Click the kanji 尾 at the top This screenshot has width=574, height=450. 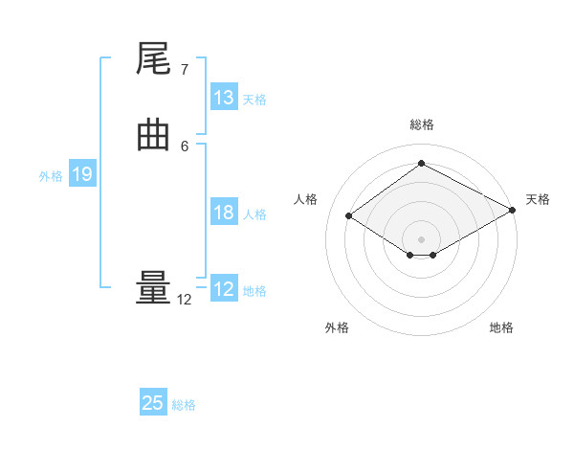point(153,60)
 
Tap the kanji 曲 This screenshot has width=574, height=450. point(153,137)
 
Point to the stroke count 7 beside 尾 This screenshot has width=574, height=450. point(185,69)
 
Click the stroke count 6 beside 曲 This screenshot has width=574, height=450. point(185,146)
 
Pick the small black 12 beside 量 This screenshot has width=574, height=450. point(185,300)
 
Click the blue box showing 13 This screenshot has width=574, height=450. point(224,98)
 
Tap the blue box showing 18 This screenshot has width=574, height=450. point(224,213)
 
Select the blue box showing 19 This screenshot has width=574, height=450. point(82,174)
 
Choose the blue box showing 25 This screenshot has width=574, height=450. point(153,403)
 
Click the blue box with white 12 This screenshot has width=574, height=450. point(224,289)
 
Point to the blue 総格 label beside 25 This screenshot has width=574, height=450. point(184,405)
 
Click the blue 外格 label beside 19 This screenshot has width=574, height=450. point(51,176)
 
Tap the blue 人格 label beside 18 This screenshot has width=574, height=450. point(254,214)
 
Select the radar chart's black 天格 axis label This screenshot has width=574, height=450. point(538,199)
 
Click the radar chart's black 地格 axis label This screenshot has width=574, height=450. point(501,327)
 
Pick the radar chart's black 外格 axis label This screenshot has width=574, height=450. point(337,327)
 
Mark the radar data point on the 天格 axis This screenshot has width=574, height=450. point(514,211)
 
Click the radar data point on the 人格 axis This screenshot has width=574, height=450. point(349,216)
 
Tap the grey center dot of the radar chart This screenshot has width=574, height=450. point(421,238)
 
